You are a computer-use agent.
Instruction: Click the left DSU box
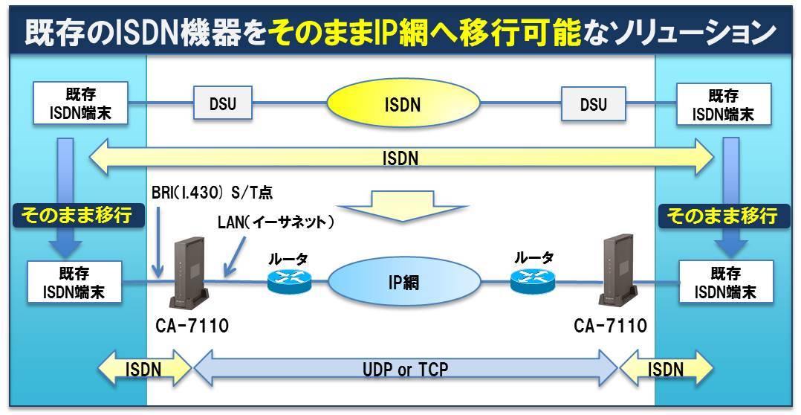point(222,103)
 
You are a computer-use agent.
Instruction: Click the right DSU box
point(592,103)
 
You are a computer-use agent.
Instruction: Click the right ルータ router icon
point(532,280)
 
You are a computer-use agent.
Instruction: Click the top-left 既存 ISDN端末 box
point(76,104)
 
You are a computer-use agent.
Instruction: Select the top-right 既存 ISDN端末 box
point(724,104)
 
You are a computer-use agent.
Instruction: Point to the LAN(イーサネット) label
point(276,222)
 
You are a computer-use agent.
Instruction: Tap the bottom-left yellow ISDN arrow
point(145,369)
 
